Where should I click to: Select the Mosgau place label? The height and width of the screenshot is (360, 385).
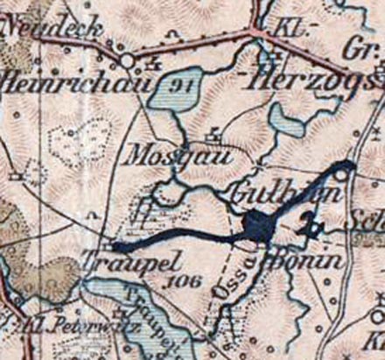(x=178, y=158)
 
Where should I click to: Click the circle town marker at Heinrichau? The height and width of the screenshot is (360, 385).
(x=127, y=60)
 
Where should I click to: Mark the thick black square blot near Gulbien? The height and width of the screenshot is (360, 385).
(x=261, y=226)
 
